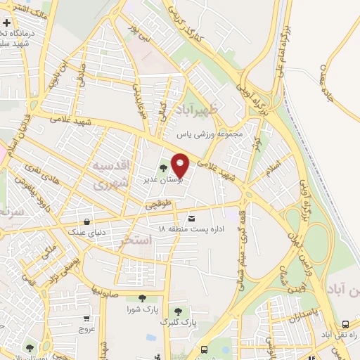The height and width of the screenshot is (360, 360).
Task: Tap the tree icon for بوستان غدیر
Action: coord(163,168)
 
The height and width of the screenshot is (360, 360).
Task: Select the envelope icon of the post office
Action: coord(192,219)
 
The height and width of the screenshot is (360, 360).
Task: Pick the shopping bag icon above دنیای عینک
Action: coord(86,219)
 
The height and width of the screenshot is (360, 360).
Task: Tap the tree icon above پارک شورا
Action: coord(143,299)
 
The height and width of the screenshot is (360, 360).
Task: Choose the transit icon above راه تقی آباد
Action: coord(345,324)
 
